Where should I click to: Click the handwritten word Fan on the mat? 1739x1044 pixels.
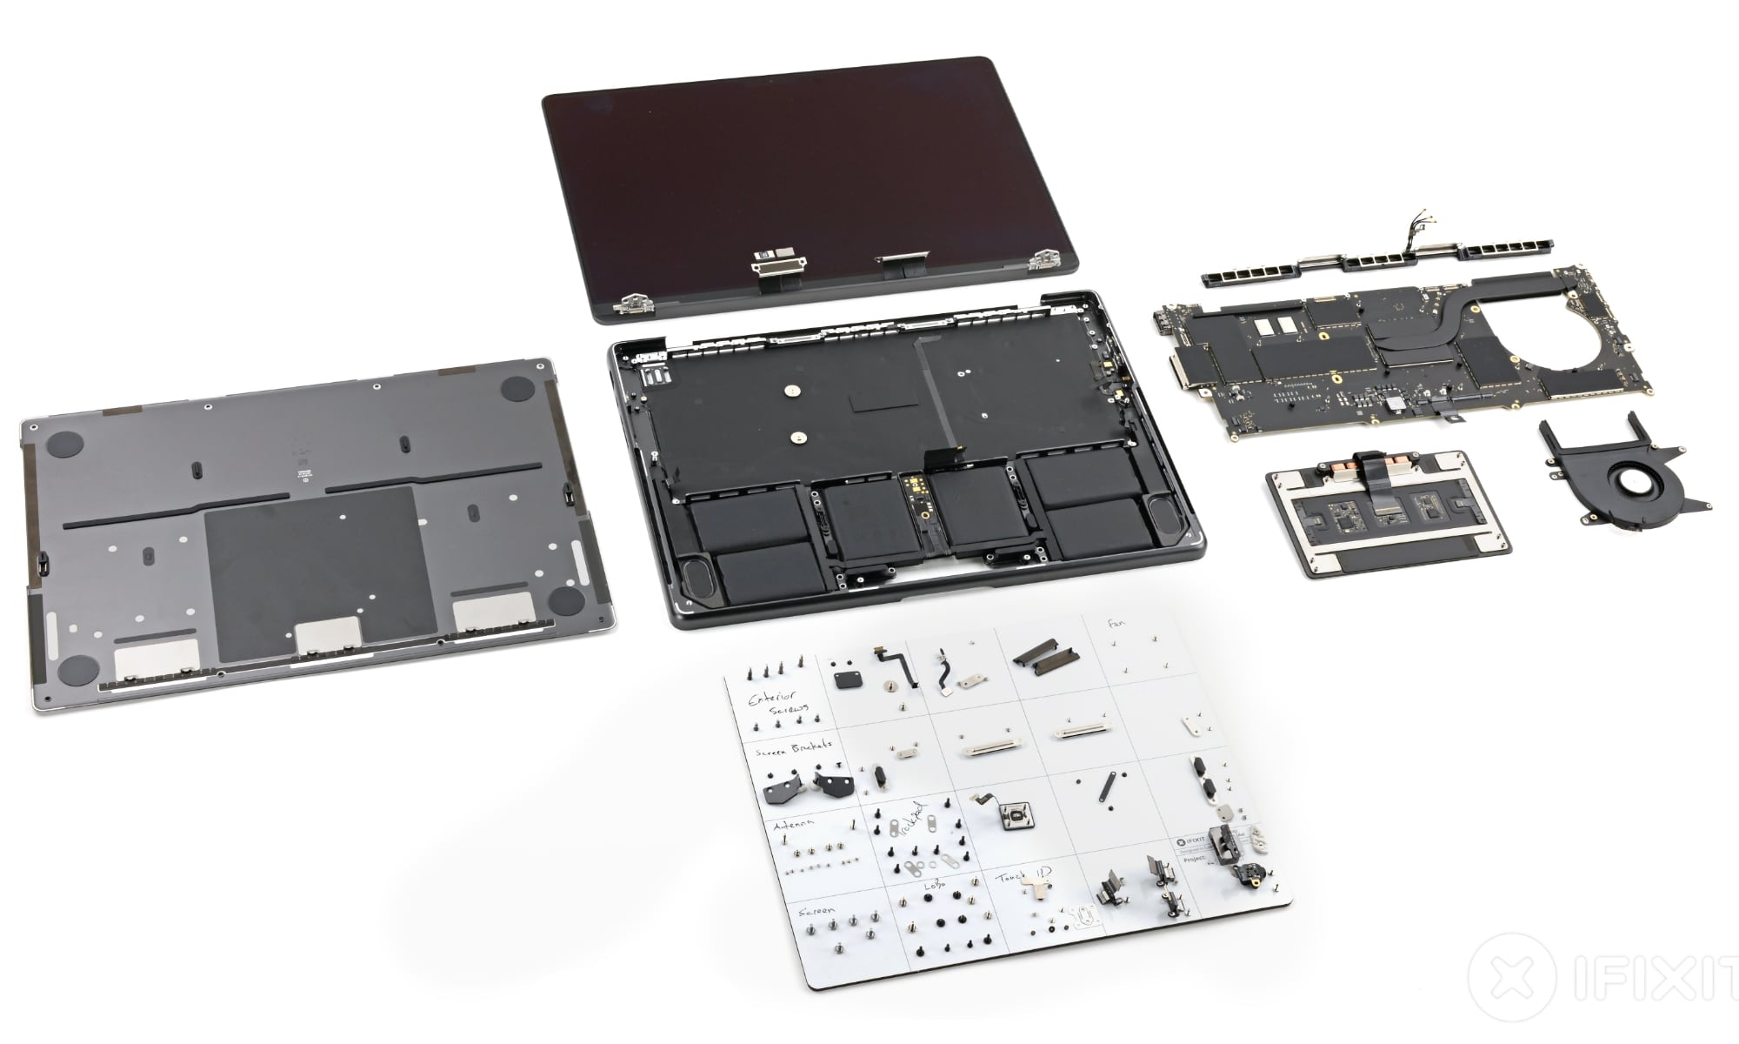tap(1115, 624)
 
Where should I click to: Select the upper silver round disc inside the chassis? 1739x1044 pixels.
tap(792, 392)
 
